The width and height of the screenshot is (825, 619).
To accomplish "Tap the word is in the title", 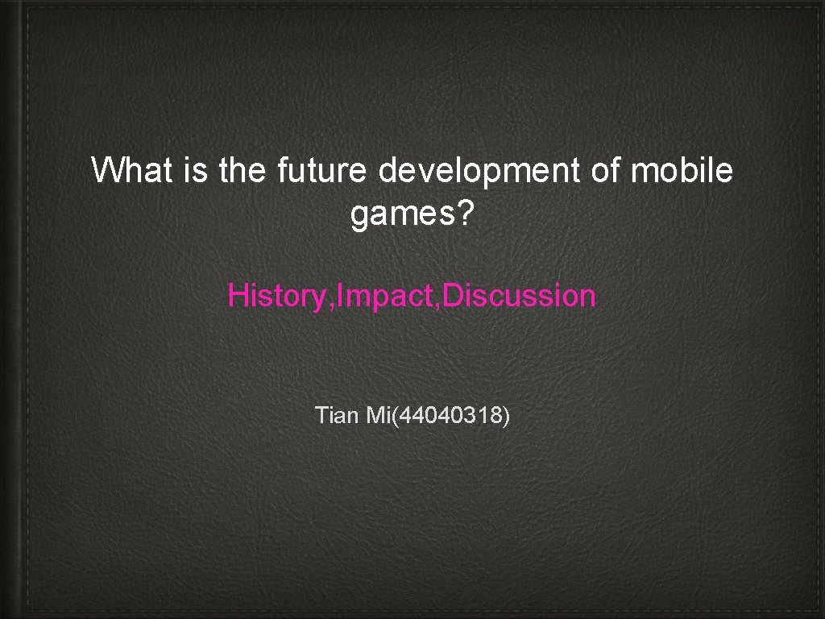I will (197, 171).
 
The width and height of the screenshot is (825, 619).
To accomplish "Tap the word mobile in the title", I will (683, 171).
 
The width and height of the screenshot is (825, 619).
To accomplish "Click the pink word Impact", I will (381, 297).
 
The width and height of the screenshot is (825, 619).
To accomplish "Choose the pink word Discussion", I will (520, 296).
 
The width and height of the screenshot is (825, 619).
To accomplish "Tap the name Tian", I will (338, 416).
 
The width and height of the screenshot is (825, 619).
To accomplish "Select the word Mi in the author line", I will (377, 416).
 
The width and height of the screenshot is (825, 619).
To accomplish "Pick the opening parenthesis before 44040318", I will (395, 417).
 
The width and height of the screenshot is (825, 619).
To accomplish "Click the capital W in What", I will (106, 171).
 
